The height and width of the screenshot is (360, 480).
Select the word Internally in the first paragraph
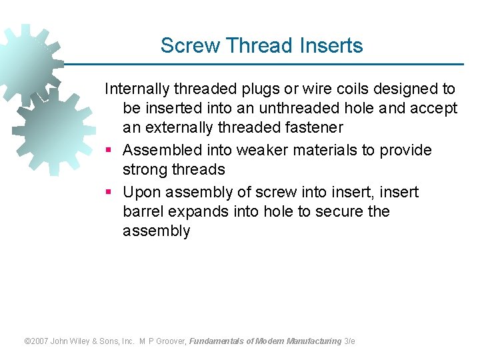pyautogui.click(x=137, y=89)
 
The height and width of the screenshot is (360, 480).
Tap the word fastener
pyautogui.click(x=315, y=127)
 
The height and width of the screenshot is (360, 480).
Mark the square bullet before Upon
pyautogui.click(x=109, y=193)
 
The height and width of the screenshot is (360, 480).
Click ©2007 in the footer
pyautogui.click(x=37, y=341)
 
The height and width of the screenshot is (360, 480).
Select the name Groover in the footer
pyautogui.click(x=171, y=341)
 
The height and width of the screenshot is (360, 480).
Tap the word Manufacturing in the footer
pyautogui.click(x=313, y=341)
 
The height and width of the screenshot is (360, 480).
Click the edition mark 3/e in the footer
pyautogui.click(x=349, y=341)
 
